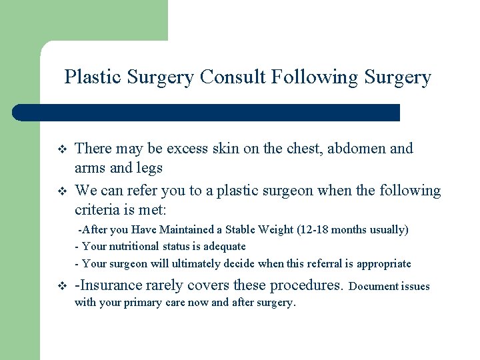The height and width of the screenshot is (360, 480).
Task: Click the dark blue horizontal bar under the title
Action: [x=207, y=112]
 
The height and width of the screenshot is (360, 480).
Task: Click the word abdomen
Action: [x=351, y=149]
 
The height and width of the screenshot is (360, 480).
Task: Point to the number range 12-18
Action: [x=313, y=230]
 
